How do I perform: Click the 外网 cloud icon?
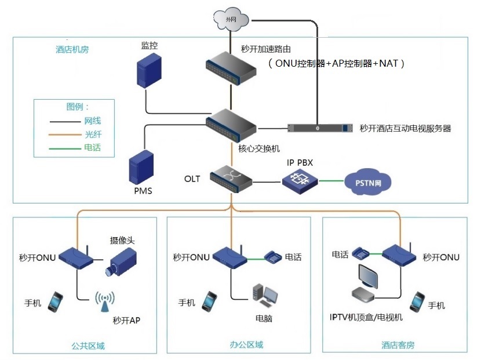pyautogui.click(x=231, y=20)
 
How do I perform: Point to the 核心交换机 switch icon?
pyautogui.click(x=231, y=126)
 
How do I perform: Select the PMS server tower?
pyautogui.click(x=141, y=167)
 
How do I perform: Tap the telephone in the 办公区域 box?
pyautogui.click(x=274, y=256)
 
